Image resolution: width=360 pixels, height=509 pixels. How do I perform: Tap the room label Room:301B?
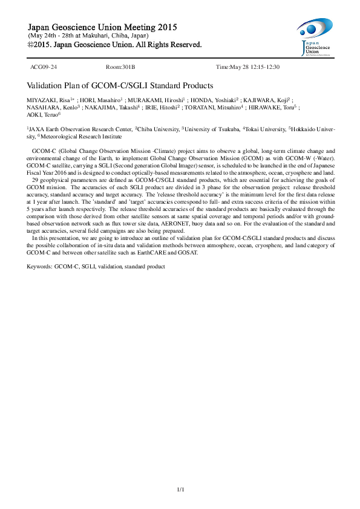pyautogui.click(x=120, y=66)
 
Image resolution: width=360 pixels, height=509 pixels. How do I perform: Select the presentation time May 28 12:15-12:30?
pyautogui.click(x=248, y=66)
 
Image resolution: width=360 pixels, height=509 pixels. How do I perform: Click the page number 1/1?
pyautogui.click(x=180, y=488)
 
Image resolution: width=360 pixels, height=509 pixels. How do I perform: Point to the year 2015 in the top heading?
pyautogui.click(x=163, y=27)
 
